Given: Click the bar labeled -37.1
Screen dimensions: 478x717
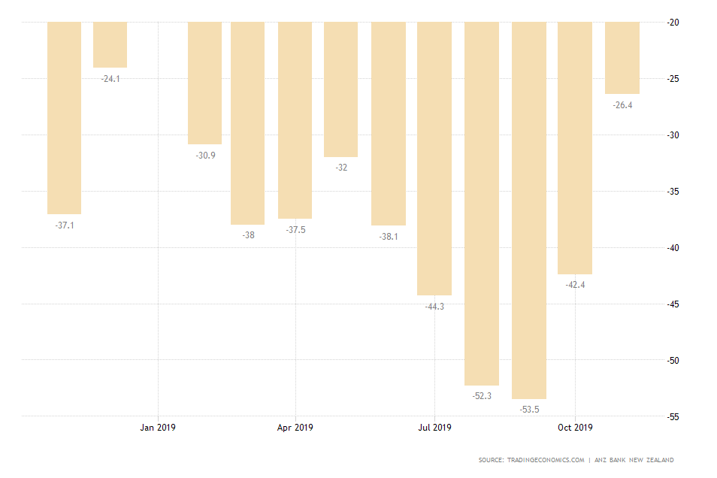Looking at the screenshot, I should [x=64, y=118].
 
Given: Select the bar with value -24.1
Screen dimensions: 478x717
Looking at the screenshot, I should [x=110, y=45].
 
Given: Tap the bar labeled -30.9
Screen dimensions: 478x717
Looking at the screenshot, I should [x=204, y=83].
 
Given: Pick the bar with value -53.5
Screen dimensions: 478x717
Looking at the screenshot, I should [x=529, y=210].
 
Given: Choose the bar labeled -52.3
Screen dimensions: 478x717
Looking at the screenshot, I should [x=481, y=203].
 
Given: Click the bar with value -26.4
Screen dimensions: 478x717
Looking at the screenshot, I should [x=622, y=58].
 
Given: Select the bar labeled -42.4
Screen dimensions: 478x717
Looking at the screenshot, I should [x=575, y=148].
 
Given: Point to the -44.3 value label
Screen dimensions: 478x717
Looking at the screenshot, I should [x=434, y=307].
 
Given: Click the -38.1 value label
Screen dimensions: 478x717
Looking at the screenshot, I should [x=389, y=237].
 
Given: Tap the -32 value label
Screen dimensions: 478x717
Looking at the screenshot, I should [x=341, y=168].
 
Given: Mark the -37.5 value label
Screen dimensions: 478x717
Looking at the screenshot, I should [x=296, y=230].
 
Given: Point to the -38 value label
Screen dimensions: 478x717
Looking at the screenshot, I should [x=248, y=235].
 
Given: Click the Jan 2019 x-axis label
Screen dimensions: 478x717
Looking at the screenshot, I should [x=158, y=428].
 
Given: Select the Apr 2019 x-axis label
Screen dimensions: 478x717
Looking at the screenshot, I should [x=295, y=428].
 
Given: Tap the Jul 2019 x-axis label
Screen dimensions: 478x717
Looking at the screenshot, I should [x=435, y=428].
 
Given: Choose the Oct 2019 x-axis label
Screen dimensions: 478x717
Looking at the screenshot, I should [x=575, y=428].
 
